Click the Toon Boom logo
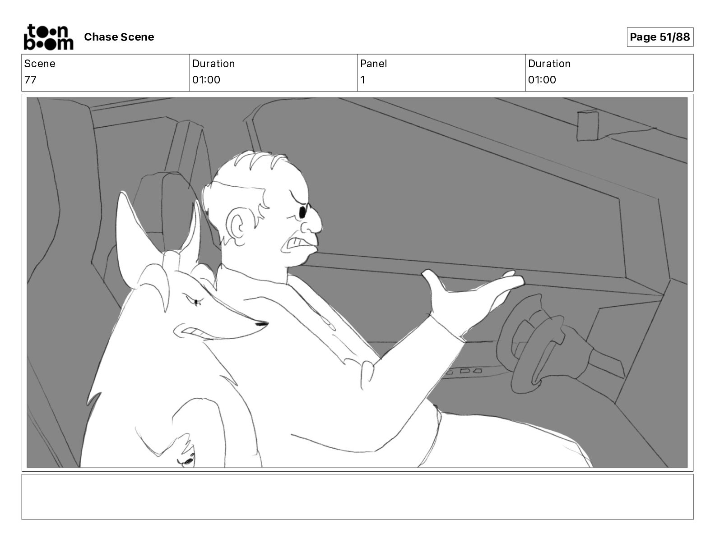[49, 37]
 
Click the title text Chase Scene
[119, 37]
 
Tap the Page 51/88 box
[660, 37]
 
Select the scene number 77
[30, 79]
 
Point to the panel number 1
[362, 79]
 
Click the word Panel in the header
[373, 64]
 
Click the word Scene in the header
[40, 64]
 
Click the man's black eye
[302, 212]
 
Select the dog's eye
[197, 301]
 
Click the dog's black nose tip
[262, 324]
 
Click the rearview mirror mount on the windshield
[588, 125]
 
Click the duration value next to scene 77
[206, 79]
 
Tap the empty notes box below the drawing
[357, 497]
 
